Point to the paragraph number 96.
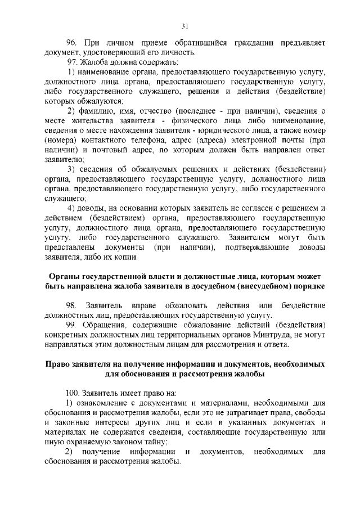point(71,43)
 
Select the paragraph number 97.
point(72,61)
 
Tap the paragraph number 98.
point(71,305)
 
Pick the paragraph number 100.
point(73,391)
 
